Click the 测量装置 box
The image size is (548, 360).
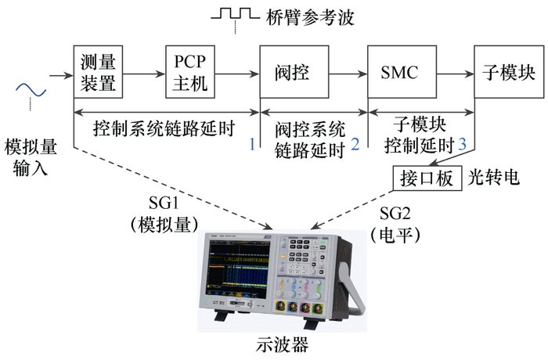coord(98,72)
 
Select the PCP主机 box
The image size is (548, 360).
coord(190,72)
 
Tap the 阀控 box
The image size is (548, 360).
coord(294,72)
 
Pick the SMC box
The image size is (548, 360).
coord(402,72)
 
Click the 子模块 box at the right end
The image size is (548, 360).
coord(509,72)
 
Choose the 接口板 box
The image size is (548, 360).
coord(427,178)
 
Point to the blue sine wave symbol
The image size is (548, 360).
coord(31,90)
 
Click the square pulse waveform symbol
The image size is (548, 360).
coord(235,13)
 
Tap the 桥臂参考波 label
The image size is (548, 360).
coord(310,16)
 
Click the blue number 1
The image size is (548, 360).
coord(252,144)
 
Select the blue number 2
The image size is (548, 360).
coord(355,144)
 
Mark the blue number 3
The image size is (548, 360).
coord(462,144)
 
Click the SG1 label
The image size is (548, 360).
coord(164,203)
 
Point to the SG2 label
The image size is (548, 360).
coord(395,213)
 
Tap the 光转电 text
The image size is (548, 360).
coord(493,178)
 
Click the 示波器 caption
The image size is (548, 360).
coord(283,344)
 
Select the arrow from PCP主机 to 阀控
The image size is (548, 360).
coord(237,74)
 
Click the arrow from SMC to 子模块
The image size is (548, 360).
coord(456,74)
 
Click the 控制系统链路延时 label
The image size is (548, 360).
coord(164,128)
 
